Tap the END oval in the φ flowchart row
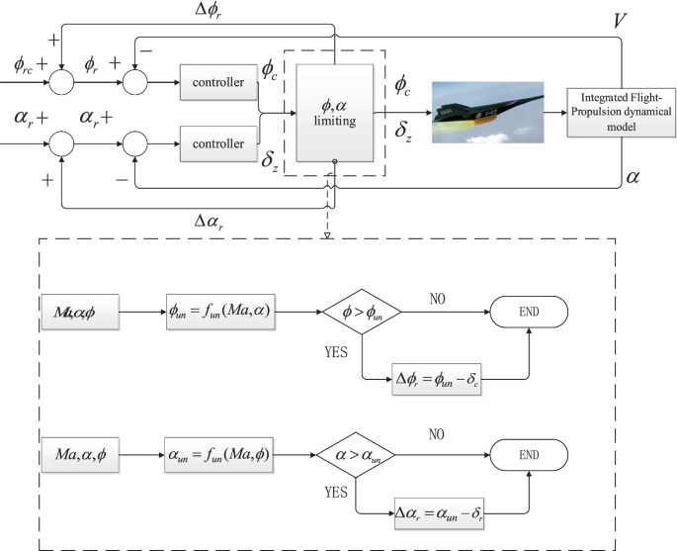tap(530, 314)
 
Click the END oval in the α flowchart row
tap(530, 456)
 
